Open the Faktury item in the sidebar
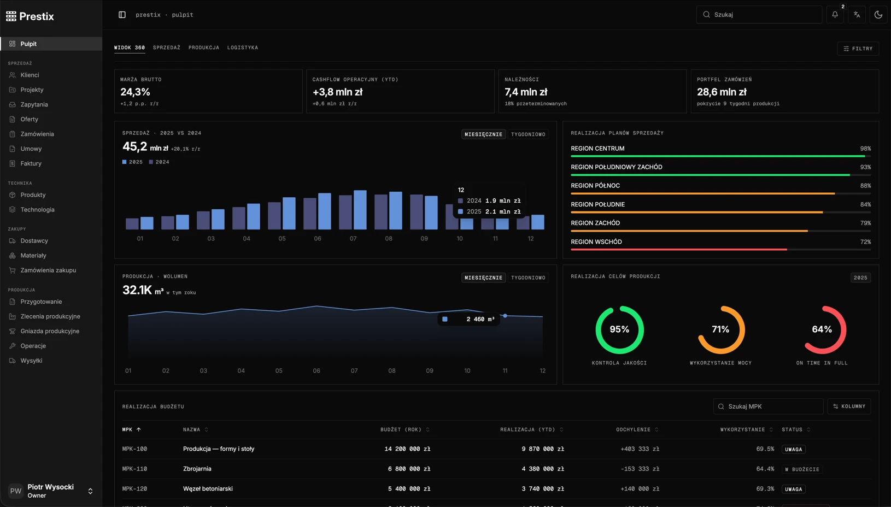pyautogui.click(x=31, y=163)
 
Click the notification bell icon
pyautogui.click(x=835, y=15)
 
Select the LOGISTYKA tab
pyautogui.click(x=243, y=48)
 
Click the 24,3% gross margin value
pyautogui.click(x=135, y=92)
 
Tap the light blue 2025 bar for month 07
pyautogui.click(x=360, y=210)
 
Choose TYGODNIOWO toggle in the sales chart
pyautogui.click(x=528, y=134)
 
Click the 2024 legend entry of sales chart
pyautogui.click(x=159, y=162)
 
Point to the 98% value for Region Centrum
pyautogui.click(x=865, y=148)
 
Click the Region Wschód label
pyautogui.click(x=596, y=242)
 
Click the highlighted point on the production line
pyautogui.click(x=505, y=316)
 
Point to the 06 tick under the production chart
pyautogui.click(x=316, y=370)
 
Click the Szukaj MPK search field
pyautogui.click(x=768, y=406)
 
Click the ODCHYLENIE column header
pyautogui.click(x=633, y=429)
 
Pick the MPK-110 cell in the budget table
pyautogui.click(x=134, y=469)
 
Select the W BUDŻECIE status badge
pyautogui.click(x=802, y=469)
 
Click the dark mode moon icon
pyautogui.click(x=878, y=15)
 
